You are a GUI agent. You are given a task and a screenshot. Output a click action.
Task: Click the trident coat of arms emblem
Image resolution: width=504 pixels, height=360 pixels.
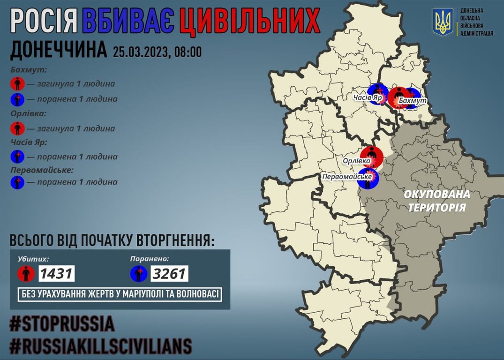click(443, 22)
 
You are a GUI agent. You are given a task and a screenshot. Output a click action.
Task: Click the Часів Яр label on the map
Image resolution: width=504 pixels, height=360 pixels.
click(368, 98)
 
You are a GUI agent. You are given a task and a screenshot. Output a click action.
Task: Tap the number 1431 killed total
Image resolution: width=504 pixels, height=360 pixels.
click(56, 273)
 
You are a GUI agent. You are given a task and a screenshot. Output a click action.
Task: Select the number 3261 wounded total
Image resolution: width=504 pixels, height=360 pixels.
click(169, 273)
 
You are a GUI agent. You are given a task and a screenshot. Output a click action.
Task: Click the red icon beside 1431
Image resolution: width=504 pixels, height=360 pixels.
click(26, 273)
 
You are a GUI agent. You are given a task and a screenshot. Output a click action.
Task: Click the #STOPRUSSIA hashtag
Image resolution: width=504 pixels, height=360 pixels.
click(62, 324)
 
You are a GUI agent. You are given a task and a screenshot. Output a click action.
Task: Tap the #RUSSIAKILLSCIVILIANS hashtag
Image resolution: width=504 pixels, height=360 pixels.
click(101, 346)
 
